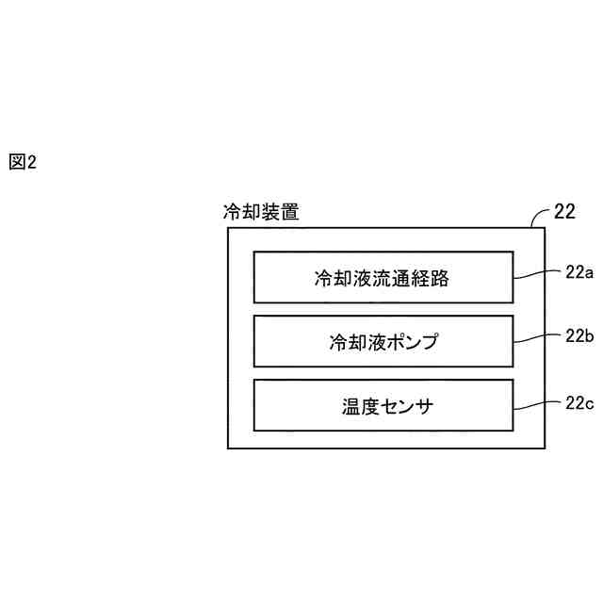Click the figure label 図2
click(22, 162)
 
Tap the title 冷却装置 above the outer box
click(261, 213)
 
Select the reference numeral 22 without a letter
click(564, 211)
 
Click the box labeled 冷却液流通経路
click(383, 277)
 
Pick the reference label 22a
click(579, 272)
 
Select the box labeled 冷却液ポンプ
click(383, 341)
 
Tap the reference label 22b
click(579, 336)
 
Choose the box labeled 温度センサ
click(383, 405)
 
